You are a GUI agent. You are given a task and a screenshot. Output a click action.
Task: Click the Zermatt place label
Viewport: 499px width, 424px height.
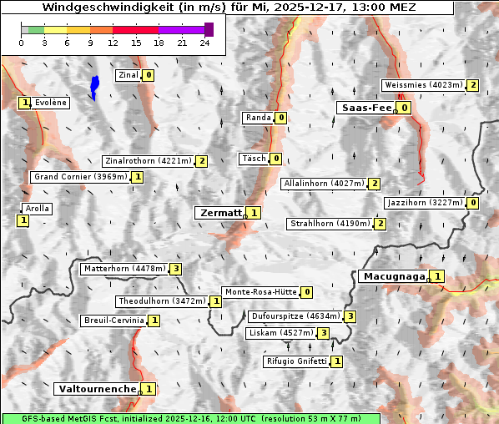point(219,213)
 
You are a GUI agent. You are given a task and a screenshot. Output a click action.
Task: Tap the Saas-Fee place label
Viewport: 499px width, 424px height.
point(365,108)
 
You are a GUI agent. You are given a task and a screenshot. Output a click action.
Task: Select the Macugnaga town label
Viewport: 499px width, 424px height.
point(393,276)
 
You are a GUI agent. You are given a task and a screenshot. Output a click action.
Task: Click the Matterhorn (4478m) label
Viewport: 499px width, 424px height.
point(123,269)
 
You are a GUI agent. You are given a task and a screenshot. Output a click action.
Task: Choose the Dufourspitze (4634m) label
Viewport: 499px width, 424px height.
point(295,316)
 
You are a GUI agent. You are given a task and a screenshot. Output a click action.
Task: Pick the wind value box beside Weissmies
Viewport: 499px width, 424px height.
point(473,84)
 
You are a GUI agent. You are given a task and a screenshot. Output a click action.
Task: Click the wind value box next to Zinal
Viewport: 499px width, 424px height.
point(149,75)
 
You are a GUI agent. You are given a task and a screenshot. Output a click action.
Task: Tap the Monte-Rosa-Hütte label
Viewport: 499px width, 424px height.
point(260,292)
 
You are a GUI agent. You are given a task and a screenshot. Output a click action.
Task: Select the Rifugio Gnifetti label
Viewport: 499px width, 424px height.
point(296,361)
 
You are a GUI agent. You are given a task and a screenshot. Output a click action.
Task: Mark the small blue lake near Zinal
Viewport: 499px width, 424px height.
point(94,86)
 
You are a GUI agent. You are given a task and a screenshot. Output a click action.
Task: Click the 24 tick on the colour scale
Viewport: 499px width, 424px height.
point(204,43)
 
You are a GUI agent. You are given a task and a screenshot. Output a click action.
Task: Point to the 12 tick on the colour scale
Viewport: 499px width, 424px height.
point(112,43)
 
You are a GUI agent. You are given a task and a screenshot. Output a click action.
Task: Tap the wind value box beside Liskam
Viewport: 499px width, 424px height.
point(323,334)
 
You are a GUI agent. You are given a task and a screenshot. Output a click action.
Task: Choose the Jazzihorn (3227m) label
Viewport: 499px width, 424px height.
point(424,203)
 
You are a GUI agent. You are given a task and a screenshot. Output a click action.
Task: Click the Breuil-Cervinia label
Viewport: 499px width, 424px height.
point(113,321)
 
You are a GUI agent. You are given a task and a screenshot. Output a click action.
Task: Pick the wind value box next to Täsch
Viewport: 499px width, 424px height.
point(275,159)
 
